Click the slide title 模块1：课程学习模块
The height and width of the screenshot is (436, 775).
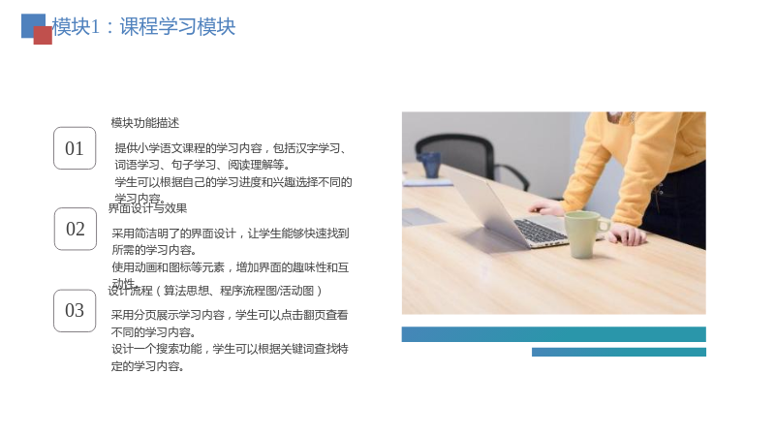click(143, 27)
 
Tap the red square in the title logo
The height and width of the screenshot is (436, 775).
click(43, 36)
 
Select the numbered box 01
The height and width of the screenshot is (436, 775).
click(75, 148)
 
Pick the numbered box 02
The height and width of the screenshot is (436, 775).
click(76, 229)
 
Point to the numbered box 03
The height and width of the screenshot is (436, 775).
click(75, 310)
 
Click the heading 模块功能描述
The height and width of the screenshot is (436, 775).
click(144, 123)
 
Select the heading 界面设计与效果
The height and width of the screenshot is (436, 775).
click(147, 208)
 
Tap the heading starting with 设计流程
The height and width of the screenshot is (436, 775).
click(215, 291)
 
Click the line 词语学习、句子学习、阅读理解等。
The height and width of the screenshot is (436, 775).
click(202, 165)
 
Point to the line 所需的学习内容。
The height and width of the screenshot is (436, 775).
click(154, 250)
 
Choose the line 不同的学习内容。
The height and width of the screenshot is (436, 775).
click(154, 332)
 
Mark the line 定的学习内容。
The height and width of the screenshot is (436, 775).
click(148, 366)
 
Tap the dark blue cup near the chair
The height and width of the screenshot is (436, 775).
click(429, 165)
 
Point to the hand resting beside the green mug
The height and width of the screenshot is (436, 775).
click(626, 234)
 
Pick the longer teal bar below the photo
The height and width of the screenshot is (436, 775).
click(553, 334)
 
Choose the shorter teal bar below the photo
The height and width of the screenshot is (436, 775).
click(619, 352)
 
